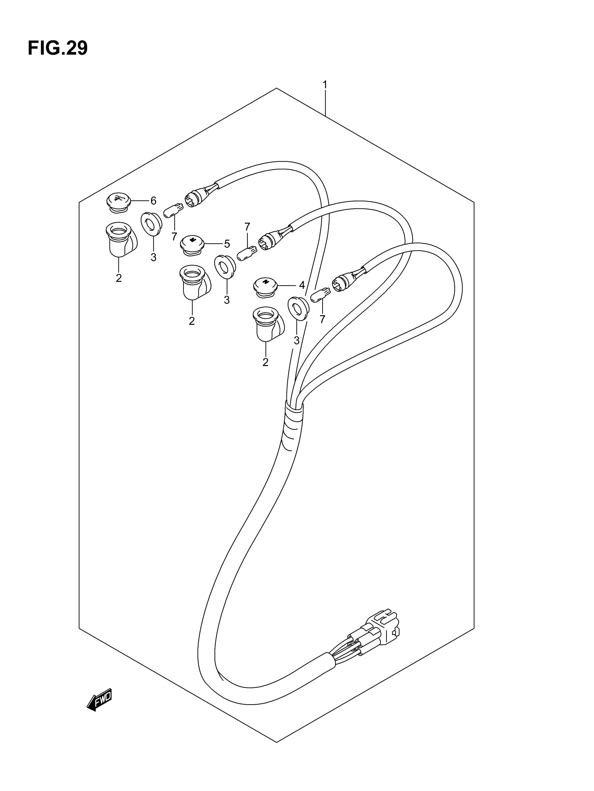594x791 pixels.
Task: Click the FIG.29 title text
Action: (x=57, y=48)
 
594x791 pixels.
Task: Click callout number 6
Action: (x=153, y=201)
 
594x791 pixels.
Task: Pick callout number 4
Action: (x=302, y=285)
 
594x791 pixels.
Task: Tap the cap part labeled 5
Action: (x=192, y=245)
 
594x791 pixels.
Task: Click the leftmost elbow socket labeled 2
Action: (x=121, y=239)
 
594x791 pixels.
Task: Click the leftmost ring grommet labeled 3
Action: (x=152, y=224)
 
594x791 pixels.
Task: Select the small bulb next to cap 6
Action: (x=173, y=210)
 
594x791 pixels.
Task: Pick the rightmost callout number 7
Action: (x=323, y=319)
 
